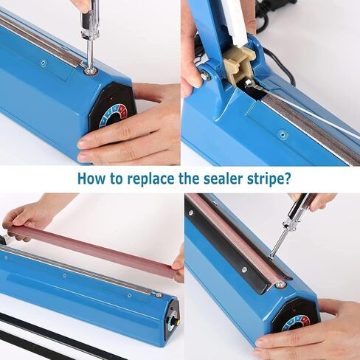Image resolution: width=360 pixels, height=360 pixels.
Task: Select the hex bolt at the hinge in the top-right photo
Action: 204,75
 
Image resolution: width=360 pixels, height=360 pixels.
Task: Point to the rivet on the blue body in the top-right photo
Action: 283,134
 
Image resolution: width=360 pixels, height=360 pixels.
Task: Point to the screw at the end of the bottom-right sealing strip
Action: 279,285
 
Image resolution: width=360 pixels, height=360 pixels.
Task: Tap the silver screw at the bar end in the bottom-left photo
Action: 159,294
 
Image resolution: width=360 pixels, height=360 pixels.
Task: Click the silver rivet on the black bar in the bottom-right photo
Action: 244,270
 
